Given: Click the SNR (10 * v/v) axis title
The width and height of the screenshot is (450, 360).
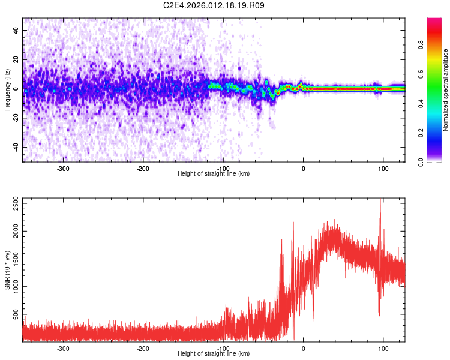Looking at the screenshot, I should (x=7, y=270).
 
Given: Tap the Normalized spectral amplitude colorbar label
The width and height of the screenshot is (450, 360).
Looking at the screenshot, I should (x=446, y=90).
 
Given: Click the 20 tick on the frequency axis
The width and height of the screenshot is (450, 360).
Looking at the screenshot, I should (x=17, y=59).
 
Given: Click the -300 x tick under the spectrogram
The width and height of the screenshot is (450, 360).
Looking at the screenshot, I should (x=63, y=169).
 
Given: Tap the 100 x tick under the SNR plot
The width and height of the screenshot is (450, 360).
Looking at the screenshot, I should (x=383, y=349).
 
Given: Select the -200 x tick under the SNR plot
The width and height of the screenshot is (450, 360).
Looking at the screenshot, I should (x=143, y=349).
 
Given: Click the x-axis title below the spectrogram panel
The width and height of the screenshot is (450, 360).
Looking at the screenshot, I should (x=214, y=174).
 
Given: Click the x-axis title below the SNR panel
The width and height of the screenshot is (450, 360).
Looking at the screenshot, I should (x=214, y=354).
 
